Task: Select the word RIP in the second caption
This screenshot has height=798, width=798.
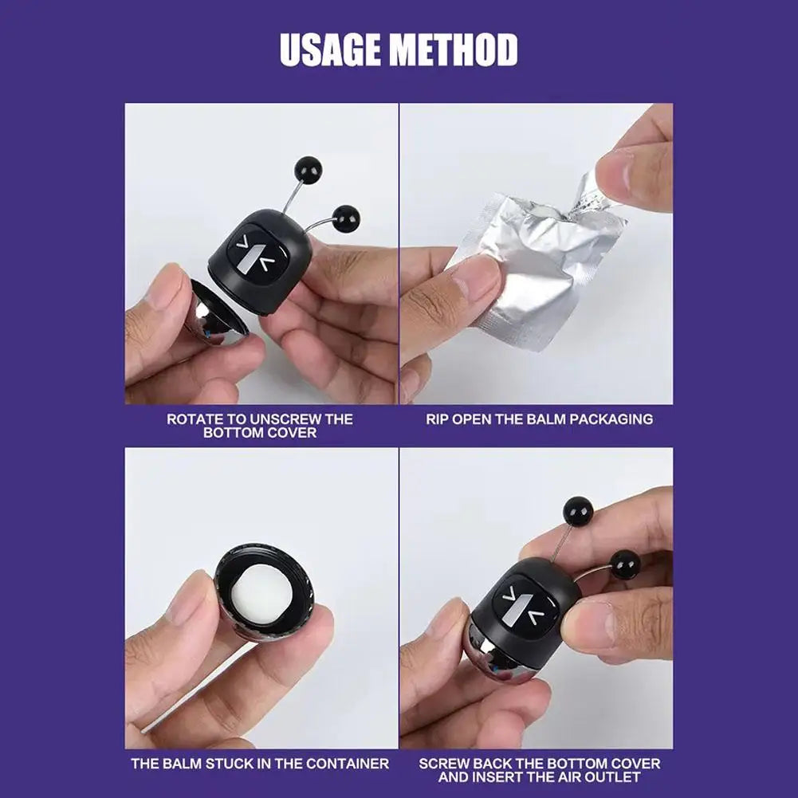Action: point(437,419)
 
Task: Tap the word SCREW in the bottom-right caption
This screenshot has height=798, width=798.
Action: point(442,763)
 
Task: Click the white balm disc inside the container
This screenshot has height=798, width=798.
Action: point(265,587)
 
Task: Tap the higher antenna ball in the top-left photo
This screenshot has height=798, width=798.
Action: point(307,170)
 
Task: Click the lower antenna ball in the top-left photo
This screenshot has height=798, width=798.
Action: point(345,218)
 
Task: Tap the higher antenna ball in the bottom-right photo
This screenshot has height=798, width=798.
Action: point(577,511)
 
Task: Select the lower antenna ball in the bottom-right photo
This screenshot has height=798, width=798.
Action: point(625,564)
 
